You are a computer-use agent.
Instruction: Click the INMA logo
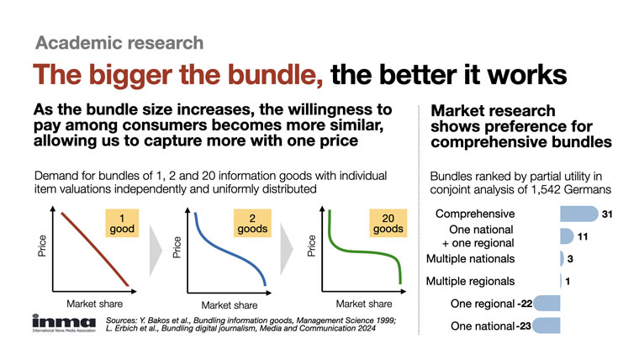click(x=64, y=323)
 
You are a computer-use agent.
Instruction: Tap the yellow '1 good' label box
click(x=122, y=223)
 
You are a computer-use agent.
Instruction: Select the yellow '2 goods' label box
click(x=252, y=223)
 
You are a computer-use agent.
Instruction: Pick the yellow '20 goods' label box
click(x=388, y=223)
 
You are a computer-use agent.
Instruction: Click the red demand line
click(x=95, y=249)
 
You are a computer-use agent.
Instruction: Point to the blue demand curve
click(x=228, y=251)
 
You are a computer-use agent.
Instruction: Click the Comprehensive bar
click(x=579, y=214)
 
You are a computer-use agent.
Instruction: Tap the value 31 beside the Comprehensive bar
click(x=607, y=214)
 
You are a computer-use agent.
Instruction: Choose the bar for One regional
click(x=547, y=304)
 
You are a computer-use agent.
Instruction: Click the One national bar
click(x=546, y=326)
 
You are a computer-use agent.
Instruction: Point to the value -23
click(x=524, y=326)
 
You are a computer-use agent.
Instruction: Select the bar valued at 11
click(x=567, y=236)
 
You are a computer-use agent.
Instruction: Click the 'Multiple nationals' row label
click(x=470, y=259)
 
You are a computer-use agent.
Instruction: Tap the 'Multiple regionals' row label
click(x=470, y=281)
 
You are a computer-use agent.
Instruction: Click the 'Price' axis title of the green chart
click(x=312, y=246)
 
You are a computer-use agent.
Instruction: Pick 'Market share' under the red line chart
click(x=94, y=304)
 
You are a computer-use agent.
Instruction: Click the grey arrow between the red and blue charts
click(x=156, y=251)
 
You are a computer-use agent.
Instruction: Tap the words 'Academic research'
click(x=119, y=43)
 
